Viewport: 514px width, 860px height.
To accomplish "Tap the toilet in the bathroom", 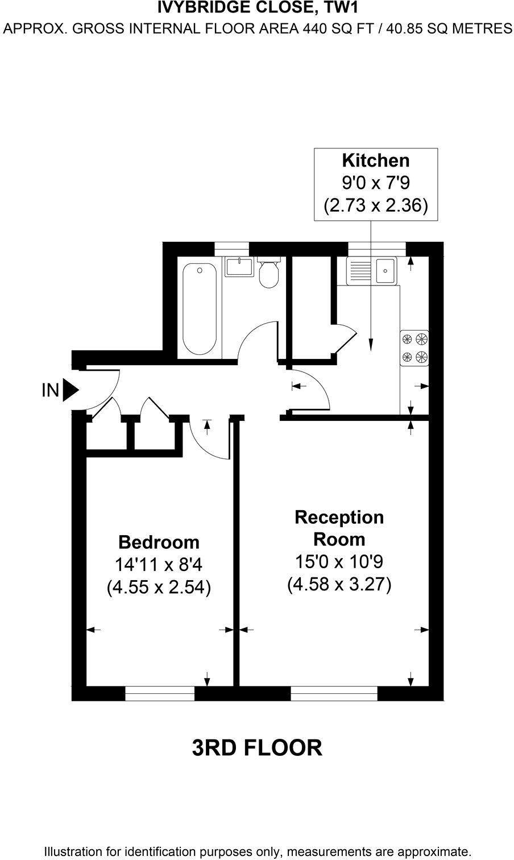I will coord(268,274).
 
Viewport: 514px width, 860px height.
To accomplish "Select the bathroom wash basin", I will coord(239,267).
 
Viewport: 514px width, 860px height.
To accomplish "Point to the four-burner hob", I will coord(414,348).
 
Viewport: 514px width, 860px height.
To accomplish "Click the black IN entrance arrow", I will coord(71,390).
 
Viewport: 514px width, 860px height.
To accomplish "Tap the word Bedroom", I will coord(159,541).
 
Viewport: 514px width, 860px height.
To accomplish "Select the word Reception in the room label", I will coord(339,517).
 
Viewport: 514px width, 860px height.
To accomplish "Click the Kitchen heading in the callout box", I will coord(375,160).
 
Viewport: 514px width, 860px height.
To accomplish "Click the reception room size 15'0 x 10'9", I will coord(339,562).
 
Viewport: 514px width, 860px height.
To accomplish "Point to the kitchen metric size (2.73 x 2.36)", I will coord(375,205).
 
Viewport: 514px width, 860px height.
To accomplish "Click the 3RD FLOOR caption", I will coord(257,748).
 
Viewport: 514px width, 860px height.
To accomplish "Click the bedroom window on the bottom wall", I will coord(159,693).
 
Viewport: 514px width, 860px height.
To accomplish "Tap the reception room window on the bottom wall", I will coord(334,693).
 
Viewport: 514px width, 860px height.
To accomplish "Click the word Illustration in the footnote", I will coord(73,851).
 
